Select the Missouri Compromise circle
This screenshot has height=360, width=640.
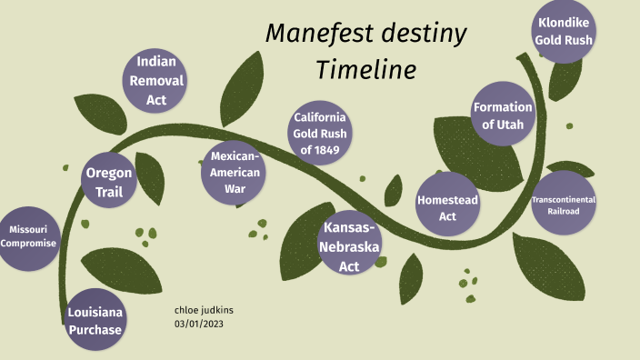click(x=28, y=236)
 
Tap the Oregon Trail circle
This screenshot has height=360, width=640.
click(x=109, y=182)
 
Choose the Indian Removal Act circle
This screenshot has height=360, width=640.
click(x=156, y=81)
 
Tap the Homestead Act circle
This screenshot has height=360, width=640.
click(x=448, y=207)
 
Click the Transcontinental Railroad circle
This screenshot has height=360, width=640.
click(x=564, y=205)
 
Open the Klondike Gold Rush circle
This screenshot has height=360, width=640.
click(x=565, y=31)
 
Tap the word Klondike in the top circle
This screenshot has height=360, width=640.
click(x=565, y=22)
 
